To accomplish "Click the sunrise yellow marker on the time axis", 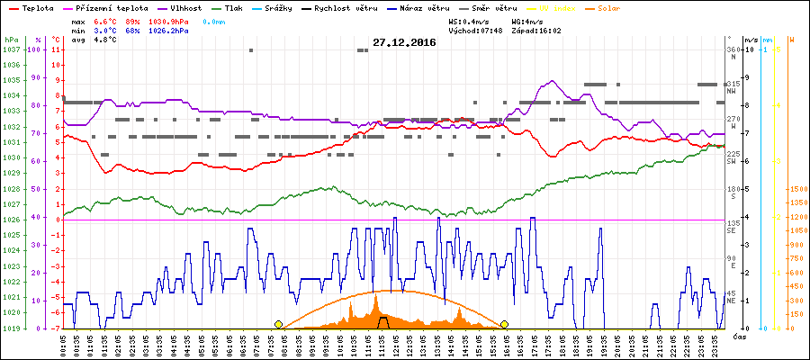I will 279,324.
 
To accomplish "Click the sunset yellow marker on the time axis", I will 505,324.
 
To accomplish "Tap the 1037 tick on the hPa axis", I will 11,49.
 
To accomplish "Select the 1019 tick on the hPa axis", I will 11,328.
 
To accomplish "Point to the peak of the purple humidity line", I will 551,81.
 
